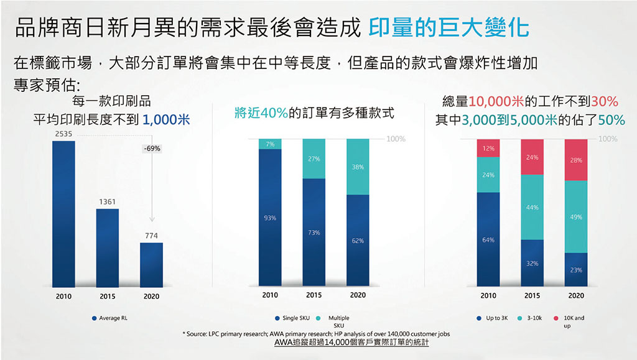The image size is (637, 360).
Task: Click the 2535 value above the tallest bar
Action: point(63,134)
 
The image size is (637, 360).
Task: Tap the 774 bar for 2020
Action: point(151,264)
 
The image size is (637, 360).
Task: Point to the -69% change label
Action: point(151,149)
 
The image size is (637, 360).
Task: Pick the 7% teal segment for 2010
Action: point(270,144)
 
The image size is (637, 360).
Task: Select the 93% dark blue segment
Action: point(270,218)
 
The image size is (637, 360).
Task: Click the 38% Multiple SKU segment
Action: point(358,167)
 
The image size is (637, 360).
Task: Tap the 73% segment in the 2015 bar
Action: point(314,233)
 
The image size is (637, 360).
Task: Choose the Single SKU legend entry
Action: point(292,318)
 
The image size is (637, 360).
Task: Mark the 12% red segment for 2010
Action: point(488,148)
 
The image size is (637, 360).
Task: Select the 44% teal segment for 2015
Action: point(532,207)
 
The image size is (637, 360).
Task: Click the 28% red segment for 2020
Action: point(576,160)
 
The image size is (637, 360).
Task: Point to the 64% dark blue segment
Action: point(488,239)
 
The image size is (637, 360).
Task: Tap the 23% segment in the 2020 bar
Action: point(576,270)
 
